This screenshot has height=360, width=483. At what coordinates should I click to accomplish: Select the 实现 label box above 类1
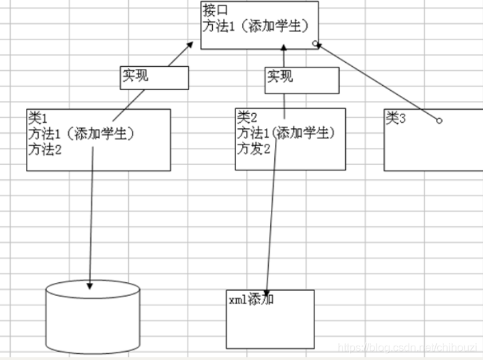(x=153, y=78)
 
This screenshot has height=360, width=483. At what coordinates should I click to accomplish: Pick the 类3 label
(x=396, y=118)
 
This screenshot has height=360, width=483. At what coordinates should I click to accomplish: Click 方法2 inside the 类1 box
(x=45, y=149)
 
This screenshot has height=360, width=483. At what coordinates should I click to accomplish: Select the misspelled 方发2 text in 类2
(x=254, y=147)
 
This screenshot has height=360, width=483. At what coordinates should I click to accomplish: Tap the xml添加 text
(x=250, y=299)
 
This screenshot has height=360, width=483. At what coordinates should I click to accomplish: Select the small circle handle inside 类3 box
(x=439, y=121)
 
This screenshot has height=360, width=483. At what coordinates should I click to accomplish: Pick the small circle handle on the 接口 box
(x=315, y=44)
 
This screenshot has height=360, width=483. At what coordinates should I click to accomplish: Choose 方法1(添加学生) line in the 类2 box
(x=286, y=132)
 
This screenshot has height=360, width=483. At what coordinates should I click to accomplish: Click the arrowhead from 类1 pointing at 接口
(x=191, y=44)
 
